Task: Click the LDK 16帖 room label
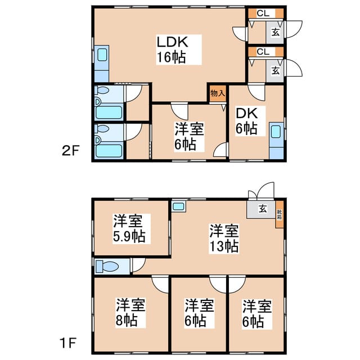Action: pyautogui.click(x=172, y=49)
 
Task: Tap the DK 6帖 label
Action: pyautogui.click(x=247, y=121)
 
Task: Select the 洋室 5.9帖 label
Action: pyautogui.click(x=129, y=228)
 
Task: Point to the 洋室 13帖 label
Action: pyautogui.click(x=224, y=238)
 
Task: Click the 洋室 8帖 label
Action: pyautogui.click(x=130, y=312)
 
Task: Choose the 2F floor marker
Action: pyautogui.click(x=70, y=151)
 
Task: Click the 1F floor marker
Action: pyautogui.click(x=68, y=343)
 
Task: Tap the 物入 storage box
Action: pyautogui.click(x=218, y=94)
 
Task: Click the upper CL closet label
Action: pyautogui.click(x=263, y=13)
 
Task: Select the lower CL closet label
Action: pyautogui.click(x=263, y=52)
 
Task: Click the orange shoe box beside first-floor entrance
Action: pyautogui.click(x=280, y=215)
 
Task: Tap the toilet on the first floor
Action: pyautogui.click(x=107, y=267)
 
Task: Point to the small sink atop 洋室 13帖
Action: pyautogui.click(x=179, y=206)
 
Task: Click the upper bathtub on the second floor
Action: pyautogui.click(x=109, y=112)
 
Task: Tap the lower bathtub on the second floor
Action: pyautogui.click(x=109, y=151)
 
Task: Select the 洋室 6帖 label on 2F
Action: pyautogui.click(x=189, y=136)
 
